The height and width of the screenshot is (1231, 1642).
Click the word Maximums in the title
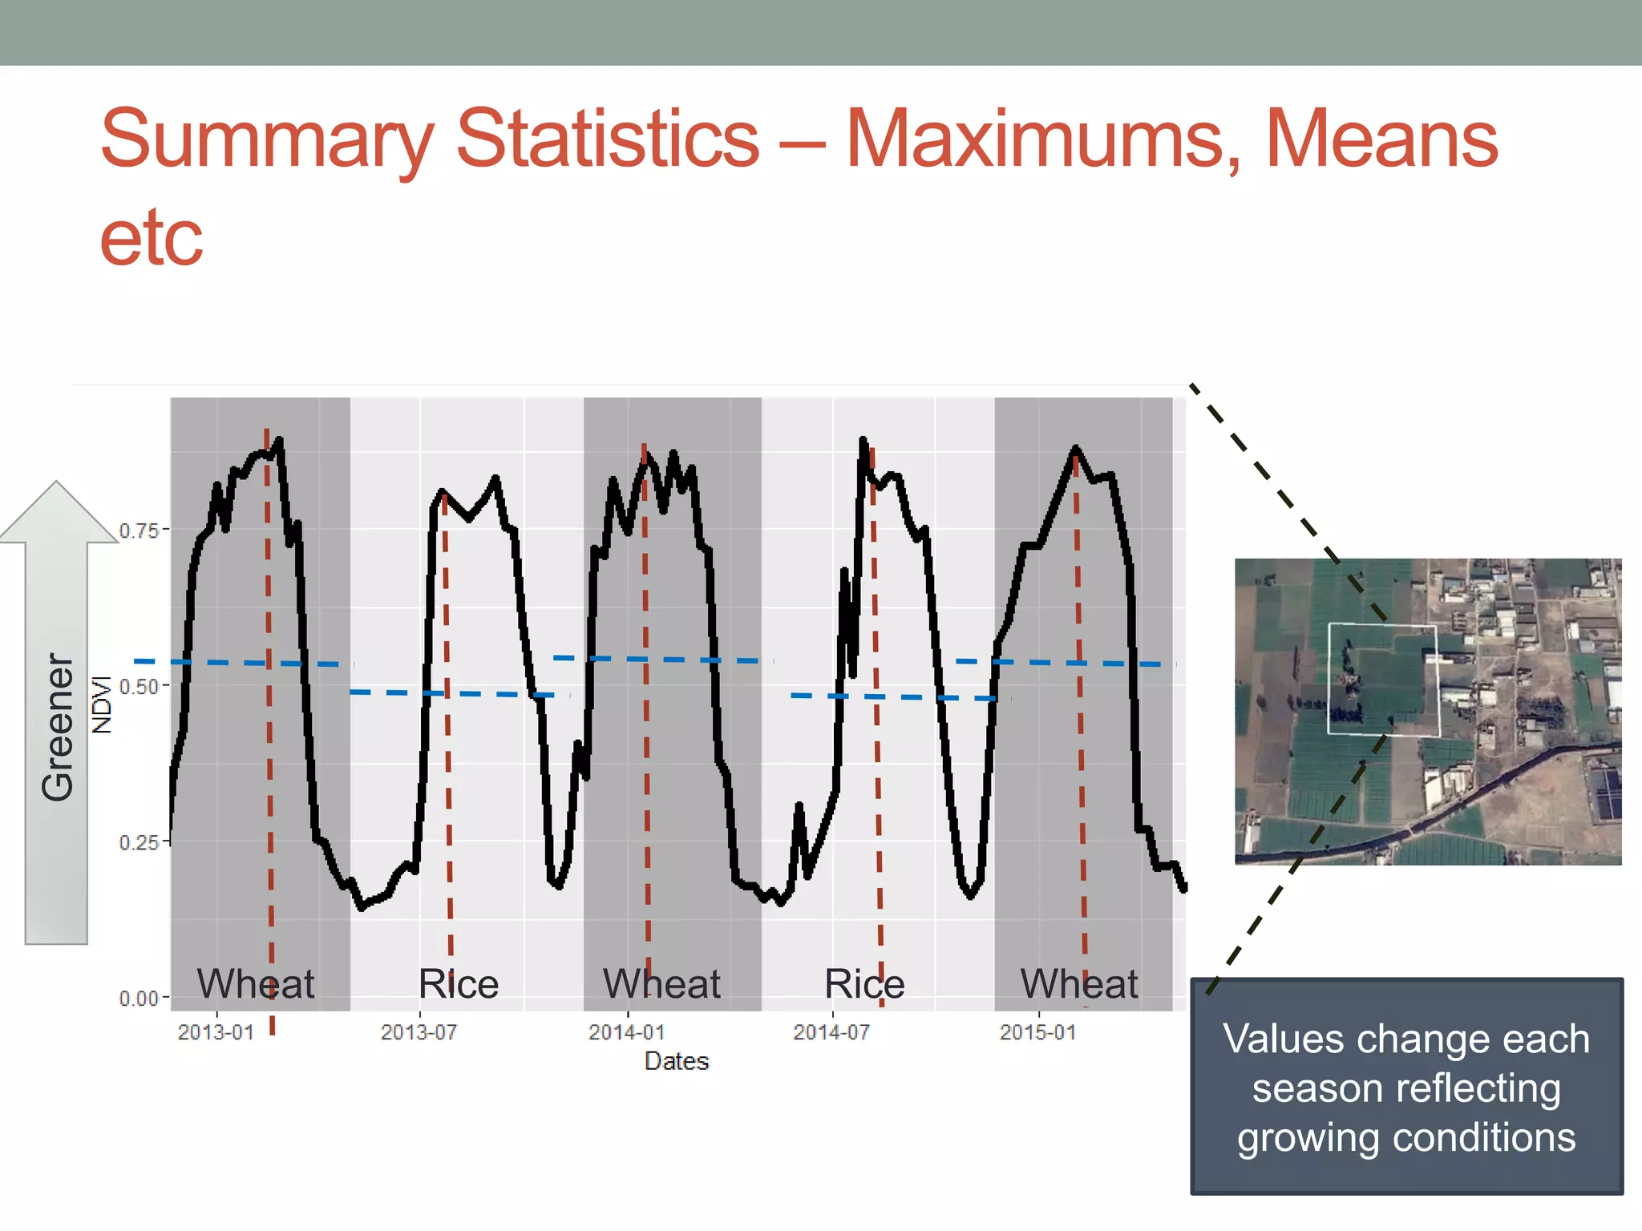[x=1042, y=140]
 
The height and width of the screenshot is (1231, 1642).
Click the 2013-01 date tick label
[x=216, y=1032]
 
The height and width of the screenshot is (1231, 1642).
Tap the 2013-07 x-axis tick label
[x=419, y=1032]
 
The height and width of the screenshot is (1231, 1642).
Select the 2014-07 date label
[x=831, y=1032]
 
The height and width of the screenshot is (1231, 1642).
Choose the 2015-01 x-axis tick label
[x=1037, y=1032]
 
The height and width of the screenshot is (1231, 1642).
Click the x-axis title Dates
[x=677, y=1061]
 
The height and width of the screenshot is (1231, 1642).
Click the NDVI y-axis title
[x=102, y=704]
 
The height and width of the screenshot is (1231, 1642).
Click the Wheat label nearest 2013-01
[x=256, y=983]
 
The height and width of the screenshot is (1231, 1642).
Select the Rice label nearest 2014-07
[x=864, y=983]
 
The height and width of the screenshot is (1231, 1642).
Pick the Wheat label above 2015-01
[x=1078, y=983]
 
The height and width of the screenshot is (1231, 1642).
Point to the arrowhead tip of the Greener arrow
[x=57, y=482]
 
